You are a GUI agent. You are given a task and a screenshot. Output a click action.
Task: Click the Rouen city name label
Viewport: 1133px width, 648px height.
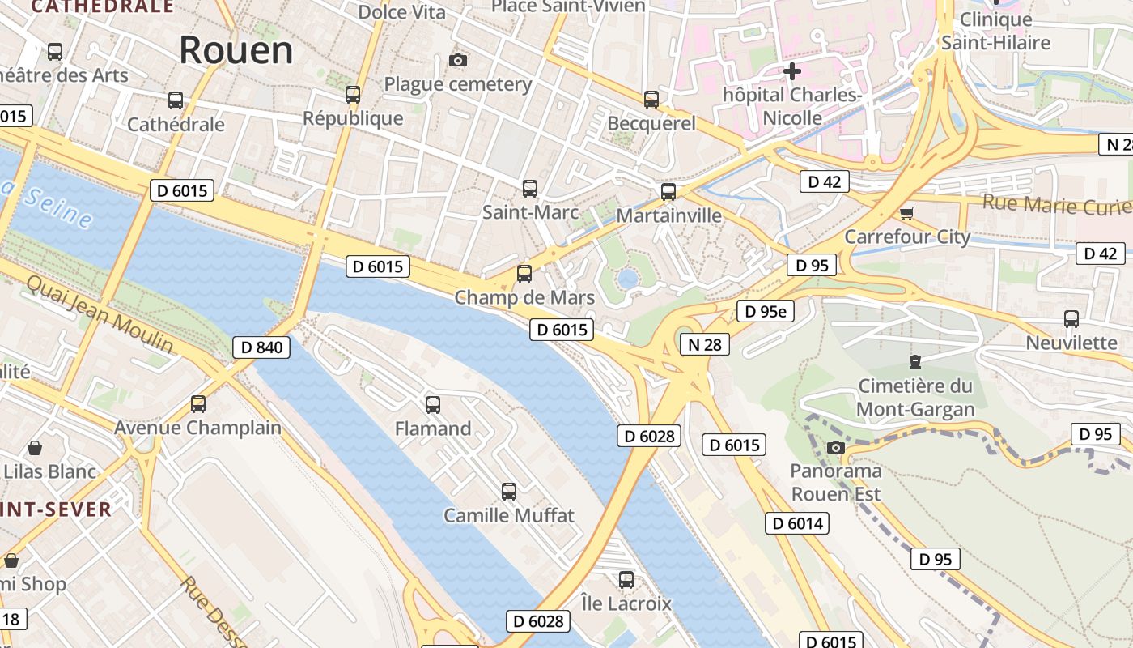(236, 50)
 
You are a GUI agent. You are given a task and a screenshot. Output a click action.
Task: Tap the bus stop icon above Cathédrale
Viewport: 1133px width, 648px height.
(176, 100)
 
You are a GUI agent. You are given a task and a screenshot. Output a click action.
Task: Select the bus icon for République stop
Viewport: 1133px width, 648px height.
(353, 94)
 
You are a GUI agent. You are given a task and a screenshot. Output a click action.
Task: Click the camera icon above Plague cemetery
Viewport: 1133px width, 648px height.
(458, 60)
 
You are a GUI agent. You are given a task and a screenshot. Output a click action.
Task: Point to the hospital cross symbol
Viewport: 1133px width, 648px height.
(792, 71)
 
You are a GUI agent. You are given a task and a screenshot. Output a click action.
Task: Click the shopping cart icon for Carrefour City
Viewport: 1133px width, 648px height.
(907, 213)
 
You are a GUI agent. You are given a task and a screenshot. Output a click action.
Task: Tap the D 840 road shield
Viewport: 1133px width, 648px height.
(262, 347)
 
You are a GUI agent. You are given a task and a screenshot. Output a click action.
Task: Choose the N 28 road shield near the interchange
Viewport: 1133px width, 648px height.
(704, 344)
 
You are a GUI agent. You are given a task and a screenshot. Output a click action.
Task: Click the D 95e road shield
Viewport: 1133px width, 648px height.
(766, 311)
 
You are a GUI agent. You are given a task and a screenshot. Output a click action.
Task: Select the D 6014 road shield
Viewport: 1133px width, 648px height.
(798, 523)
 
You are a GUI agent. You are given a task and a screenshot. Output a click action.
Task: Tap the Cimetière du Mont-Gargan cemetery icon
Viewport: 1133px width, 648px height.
(915, 361)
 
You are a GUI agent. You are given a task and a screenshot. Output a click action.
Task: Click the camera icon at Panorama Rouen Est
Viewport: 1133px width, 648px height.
(836, 447)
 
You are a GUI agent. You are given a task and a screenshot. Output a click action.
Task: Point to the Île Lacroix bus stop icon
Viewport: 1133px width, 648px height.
(626, 580)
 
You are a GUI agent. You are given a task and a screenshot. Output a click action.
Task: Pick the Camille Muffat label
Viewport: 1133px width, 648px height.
(509, 515)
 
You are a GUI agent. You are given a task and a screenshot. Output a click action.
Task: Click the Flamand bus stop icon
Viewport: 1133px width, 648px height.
(433, 404)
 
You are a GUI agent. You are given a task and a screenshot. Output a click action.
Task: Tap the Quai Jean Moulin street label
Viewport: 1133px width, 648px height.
(100, 314)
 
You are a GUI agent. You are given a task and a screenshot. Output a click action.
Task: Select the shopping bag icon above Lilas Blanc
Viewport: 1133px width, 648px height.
(35, 448)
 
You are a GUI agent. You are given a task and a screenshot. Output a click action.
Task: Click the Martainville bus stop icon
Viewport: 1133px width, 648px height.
(668, 192)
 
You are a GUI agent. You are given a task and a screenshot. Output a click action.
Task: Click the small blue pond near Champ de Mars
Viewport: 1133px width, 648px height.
(627, 279)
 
